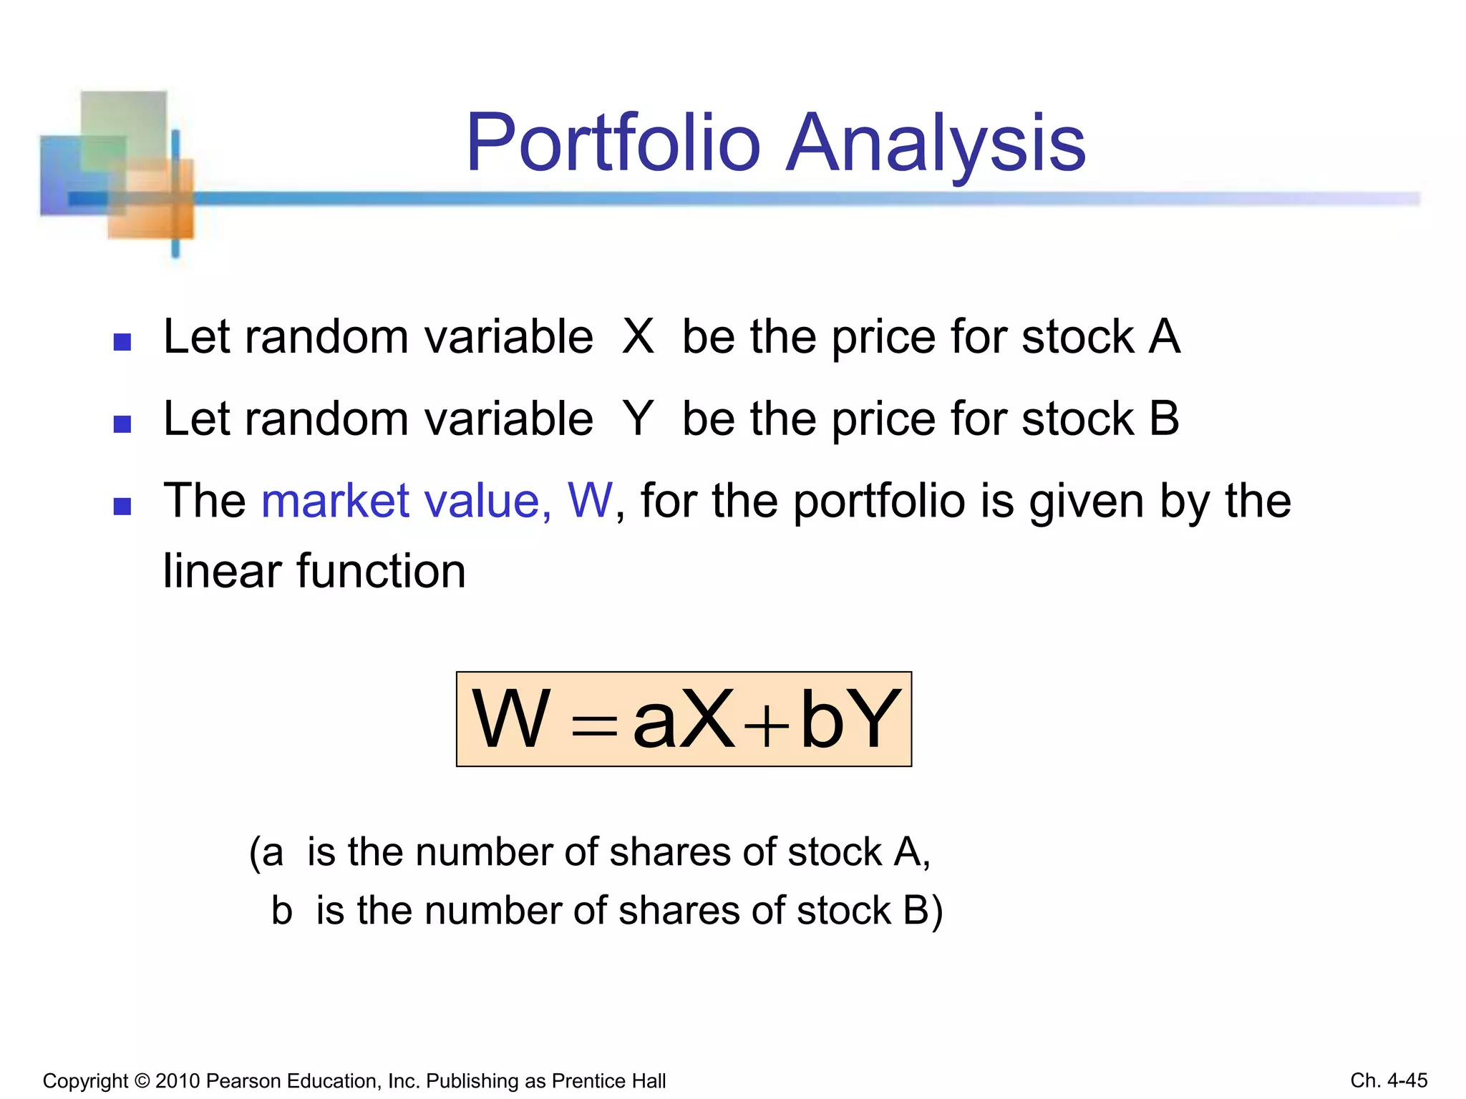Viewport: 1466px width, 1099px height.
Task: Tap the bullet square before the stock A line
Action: coord(122,342)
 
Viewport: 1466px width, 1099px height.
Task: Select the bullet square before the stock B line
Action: coord(122,424)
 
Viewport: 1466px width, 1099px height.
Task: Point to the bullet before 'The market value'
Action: coord(122,507)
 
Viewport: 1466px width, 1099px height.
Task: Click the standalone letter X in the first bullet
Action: coord(638,336)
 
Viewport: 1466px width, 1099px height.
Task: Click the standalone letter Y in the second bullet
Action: coord(638,419)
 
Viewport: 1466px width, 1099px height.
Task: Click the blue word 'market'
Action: coord(335,500)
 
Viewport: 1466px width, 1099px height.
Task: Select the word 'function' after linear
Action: coord(381,571)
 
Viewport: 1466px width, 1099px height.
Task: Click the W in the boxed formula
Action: coord(511,719)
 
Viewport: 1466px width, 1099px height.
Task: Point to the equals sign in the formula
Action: coord(594,727)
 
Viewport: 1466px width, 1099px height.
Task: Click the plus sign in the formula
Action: coord(766,726)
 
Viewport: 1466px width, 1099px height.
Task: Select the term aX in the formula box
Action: coord(684,719)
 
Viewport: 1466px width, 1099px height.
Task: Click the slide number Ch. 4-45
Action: coord(1389,1080)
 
